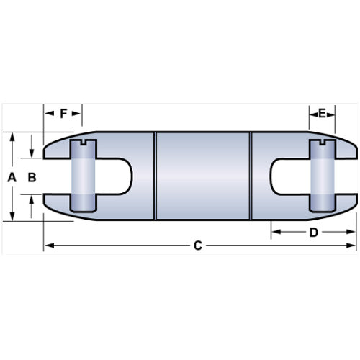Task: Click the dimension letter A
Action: click(11, 176)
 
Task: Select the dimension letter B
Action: click(32, 176)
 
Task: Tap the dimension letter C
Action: click(198, 246)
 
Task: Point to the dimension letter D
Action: click(313, 232)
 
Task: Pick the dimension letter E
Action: click(323, 113)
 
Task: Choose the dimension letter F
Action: click(63, 113)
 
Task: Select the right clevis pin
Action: click(323, 176)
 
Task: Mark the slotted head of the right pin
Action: click(323, 146)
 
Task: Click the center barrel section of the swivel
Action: click(202, 176)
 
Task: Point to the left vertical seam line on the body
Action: click(156, 176)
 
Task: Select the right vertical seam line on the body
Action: click(250, 176)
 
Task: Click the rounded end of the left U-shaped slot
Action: click(128, 176)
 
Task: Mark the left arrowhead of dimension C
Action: click(48, 246)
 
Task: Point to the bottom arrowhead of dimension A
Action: click(13, 216)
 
